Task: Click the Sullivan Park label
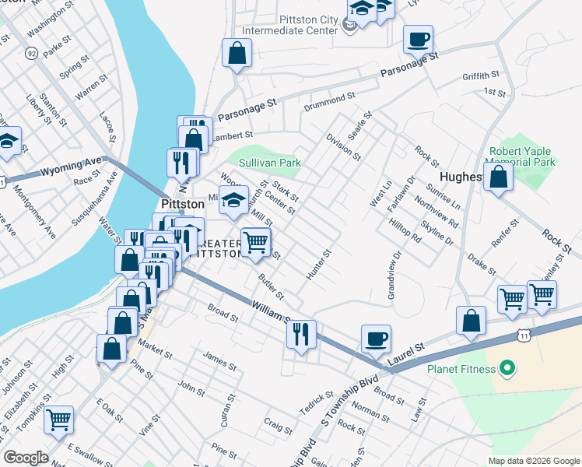pyautogui.click(x=268, y=163)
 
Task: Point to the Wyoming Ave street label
pyautogui.click(x=71, y=166)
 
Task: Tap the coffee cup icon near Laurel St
pyautogui.click(x=377, y=339)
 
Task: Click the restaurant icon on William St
pyautogui.click(x=301, y=334)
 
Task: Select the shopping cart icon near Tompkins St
pyautogui.click(x=59, y=420)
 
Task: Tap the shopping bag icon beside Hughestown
pyautogui.click(x=499, y=177)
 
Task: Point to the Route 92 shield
pyautogui.click(x=32, y=53)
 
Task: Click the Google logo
pyautogui.click(x=25, y=458)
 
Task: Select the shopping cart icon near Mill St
pyautogui.click(x=255, y=242)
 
